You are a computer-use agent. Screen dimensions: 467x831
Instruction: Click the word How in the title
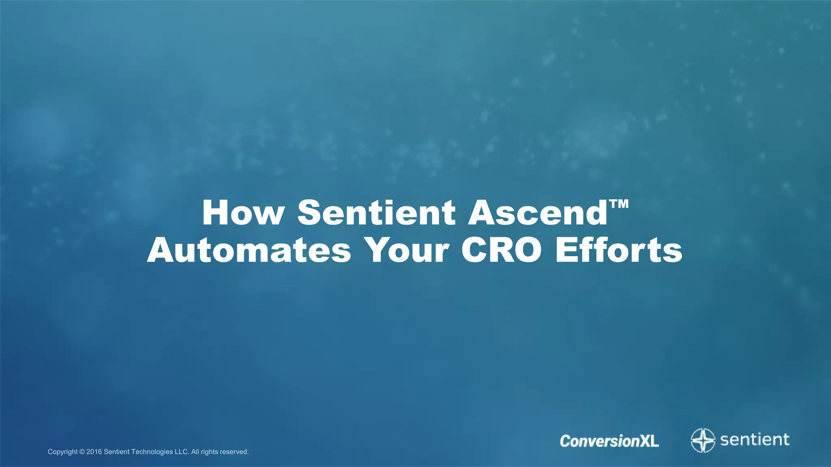coord(243,212)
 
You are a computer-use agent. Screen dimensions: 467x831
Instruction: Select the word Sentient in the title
coord(376,212)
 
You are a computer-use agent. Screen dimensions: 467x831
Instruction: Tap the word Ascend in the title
coord(538,212)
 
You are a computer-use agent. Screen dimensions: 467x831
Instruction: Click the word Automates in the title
coord(249,250)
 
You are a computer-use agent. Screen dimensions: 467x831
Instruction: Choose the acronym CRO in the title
coord(501,250)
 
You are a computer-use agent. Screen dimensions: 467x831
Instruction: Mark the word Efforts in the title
coord(619,250)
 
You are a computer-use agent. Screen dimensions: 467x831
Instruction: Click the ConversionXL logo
coord(609,441)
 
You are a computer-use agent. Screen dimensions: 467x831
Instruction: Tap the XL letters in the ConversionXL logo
coord(649,441)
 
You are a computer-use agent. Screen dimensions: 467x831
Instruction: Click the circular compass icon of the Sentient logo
coord(703,440)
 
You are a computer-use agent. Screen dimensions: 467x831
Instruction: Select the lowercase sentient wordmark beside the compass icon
coord(755,439)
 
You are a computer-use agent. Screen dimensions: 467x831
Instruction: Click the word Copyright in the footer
coord(62,452)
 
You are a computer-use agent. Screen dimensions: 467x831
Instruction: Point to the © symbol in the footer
coord(82,452)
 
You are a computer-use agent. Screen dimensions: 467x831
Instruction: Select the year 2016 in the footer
coord(94,452)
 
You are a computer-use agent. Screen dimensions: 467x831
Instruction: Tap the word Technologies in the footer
coord(152,452)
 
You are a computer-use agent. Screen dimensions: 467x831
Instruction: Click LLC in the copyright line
coord(182,452)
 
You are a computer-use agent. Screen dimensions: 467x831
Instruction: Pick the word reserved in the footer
coord(234,452)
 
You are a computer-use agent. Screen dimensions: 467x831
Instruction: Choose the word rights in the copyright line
coord(209,452)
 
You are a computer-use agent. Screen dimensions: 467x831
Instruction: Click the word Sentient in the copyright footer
coord(117,452)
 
